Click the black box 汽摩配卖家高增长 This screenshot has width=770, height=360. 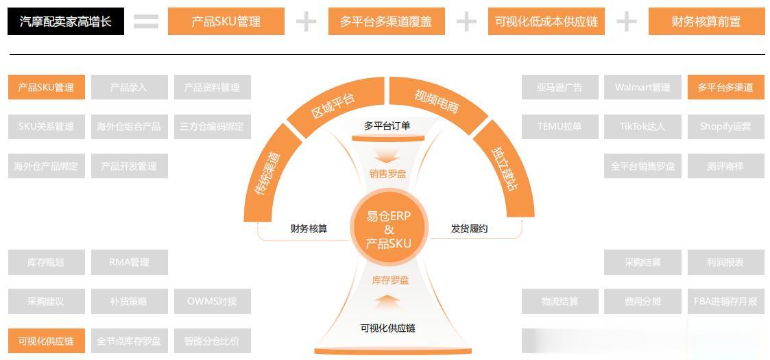pyautogui.click(x=66, y=22)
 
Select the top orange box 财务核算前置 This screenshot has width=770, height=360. pyautogui.click(x=706, y=22)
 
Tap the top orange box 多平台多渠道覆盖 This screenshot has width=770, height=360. pyautogui.click(x=386, y=22)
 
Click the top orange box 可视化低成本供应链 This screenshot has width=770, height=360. pyautogui.click(x=546, y=22)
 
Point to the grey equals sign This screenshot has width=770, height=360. pyautogui.click(x=145, y=22)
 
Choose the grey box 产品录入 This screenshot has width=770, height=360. pyautogui.click(x=129, y=88)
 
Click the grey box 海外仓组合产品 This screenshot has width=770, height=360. pyautogui.click(x=129, y=127)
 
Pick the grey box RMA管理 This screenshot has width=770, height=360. pyautogui.click(x=129, y=263)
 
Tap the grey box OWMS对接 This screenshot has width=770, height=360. pyautogui.click(x=212, y=302)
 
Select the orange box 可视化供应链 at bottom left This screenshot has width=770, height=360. pyautogui.click(x=46, y=341)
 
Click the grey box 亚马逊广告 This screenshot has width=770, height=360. pyautogui.click(x=560, y=88)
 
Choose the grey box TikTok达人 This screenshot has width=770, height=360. pyautogui.click(x=642, y=127)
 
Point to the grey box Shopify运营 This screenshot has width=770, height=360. pyautogui.click(x=725, y=127)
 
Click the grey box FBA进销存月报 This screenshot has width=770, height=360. pyautogui.click(x=725, y=302)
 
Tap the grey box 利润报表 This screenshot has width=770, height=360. pyautogui.click(x=725, y=263)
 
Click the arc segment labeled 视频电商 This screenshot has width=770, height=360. pyautogui.click(x=437, y=102)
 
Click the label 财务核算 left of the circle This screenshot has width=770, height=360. pyautogui.click(x=309, y=228)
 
